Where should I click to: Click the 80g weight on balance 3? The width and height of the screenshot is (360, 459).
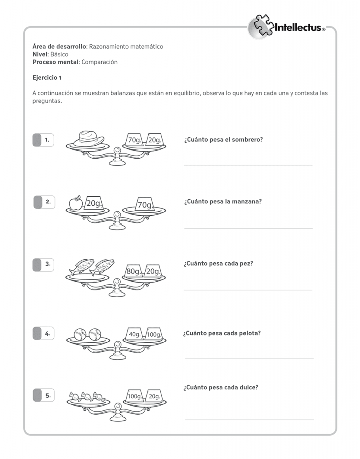134,271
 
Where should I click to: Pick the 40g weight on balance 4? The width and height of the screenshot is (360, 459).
135,334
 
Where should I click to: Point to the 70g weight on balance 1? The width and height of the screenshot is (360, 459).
135,139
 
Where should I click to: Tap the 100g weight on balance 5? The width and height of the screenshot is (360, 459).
135,396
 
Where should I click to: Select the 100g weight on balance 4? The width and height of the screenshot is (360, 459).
154,334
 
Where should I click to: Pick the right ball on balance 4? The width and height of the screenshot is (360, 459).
95,334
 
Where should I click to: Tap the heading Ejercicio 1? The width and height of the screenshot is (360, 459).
47,78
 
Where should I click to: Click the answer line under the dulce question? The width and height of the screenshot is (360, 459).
249,419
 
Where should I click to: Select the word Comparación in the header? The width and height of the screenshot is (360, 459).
99,62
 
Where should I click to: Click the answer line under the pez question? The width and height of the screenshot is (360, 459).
248,290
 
